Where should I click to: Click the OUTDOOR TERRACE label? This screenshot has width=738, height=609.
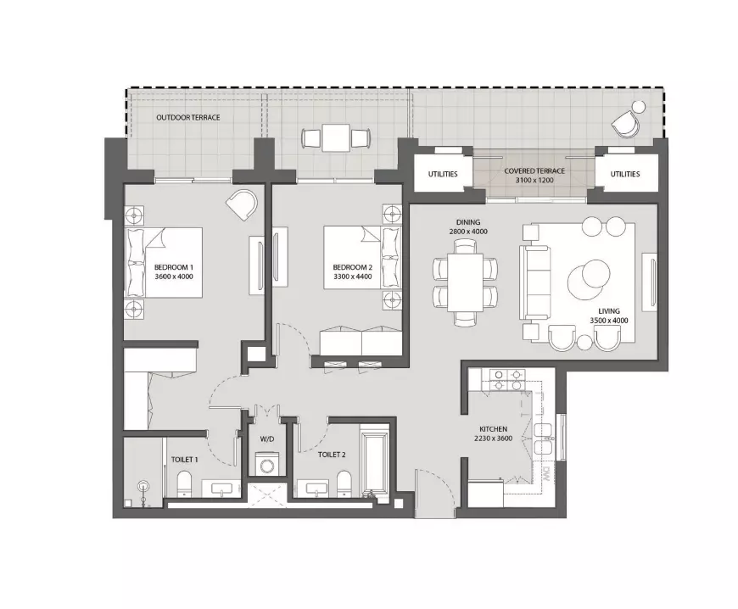tap(188, 117)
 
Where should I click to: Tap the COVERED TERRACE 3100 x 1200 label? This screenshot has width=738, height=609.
tap(534, 176)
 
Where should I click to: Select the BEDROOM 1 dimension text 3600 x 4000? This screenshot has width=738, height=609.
tap(174, 277)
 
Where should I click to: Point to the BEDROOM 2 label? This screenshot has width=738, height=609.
tap(353, 267)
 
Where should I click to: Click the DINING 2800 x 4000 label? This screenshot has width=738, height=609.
tap(468, 226)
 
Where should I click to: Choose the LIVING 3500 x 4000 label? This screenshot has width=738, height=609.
tap(609, 316)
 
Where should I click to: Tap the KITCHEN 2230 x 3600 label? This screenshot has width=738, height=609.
tap(493, 433)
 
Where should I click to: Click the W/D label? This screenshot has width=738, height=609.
tap(267, 439)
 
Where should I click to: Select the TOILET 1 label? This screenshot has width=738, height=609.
tap(185, 460)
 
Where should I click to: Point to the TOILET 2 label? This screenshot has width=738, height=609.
tap(332, 455)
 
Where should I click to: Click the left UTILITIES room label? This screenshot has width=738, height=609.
tap(443, 174)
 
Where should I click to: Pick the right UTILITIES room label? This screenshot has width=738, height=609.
tap(625, 174)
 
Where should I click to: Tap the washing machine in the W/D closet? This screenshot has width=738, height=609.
tap(267, 464)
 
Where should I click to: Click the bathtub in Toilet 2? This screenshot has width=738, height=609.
tap(374, 461)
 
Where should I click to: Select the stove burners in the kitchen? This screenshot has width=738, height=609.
tap(507, 380)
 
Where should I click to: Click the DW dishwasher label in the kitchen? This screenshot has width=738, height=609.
tap(546, 473)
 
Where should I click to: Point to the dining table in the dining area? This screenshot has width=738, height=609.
tap(466, 282)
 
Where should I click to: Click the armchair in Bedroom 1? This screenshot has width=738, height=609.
tap(243, 204)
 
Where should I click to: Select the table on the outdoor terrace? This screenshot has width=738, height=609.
tap(336, 138)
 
